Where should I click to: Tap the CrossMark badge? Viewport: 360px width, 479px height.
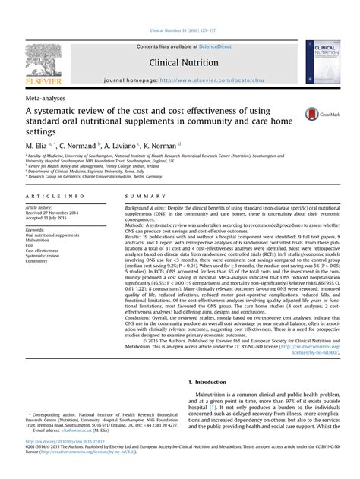pos(322,115)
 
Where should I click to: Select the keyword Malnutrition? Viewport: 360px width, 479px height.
pos(40,241)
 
